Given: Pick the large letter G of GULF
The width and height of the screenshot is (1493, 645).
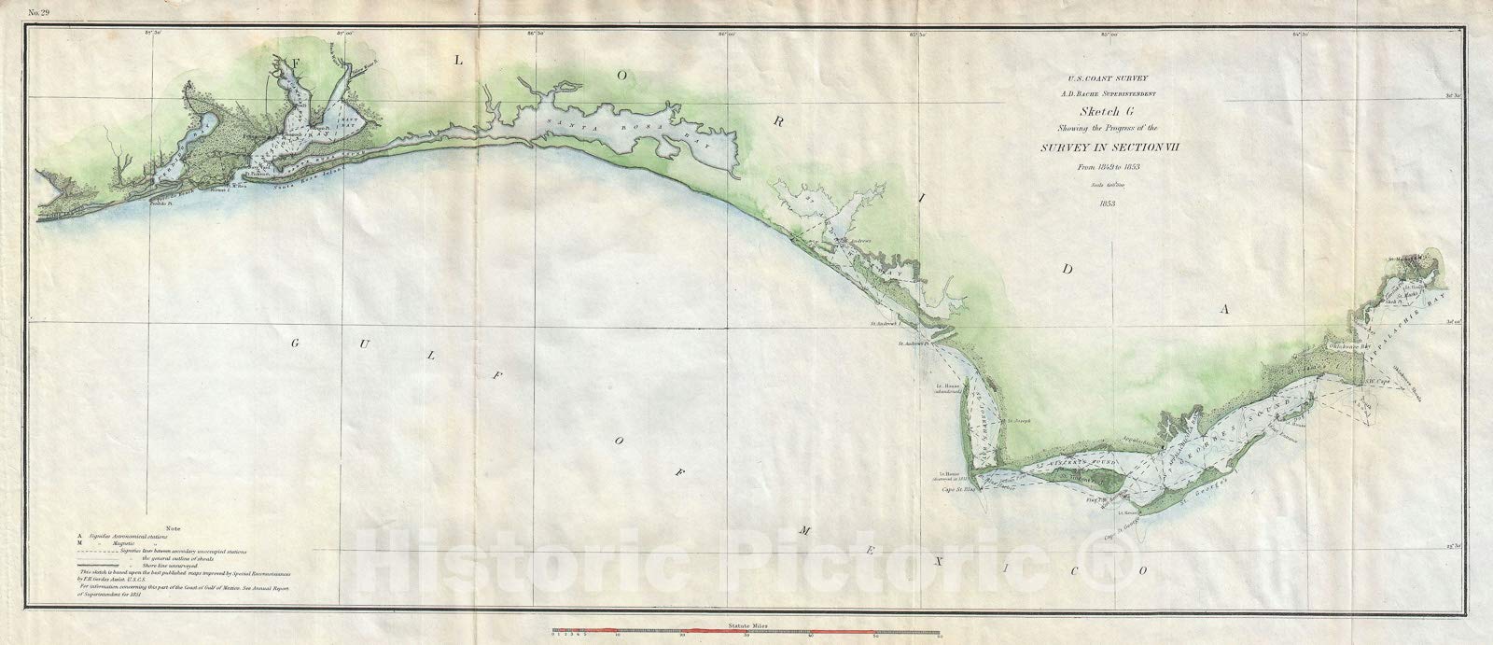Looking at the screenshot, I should coord(294,344).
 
